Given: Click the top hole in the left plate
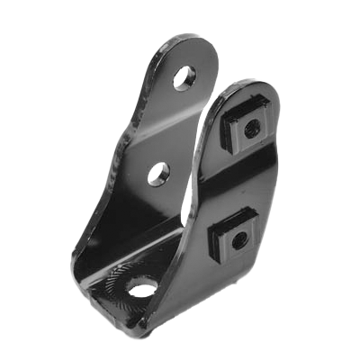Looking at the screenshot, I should (184, 78).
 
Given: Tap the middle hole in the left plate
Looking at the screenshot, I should (158, 173).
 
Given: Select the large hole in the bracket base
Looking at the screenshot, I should (141, 287).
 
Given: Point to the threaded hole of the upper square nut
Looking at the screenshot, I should (251, 128).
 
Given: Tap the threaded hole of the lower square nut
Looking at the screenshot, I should (238, 240).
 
